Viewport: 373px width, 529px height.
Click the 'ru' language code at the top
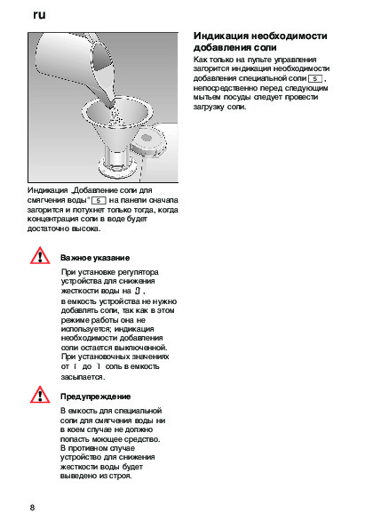tap(39, 15)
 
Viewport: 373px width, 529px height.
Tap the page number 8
tap(32, 508)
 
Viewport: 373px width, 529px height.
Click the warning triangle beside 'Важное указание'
tap(40, 256)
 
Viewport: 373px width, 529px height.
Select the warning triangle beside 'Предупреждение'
tap(40, 395)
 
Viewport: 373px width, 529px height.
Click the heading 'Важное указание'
tap(95, 258)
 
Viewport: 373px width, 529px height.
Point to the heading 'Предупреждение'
tap(95, 397)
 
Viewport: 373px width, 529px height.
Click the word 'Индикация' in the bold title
tap(221, 36)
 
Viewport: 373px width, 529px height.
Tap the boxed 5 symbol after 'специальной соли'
tap(315, 78)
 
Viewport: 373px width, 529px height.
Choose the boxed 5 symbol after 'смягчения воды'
tap(99, 200)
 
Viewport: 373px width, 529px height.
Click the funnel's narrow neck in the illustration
tap(116, 156)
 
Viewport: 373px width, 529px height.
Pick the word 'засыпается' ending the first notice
tap(83, 377)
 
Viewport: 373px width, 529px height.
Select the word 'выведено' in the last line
tap(75, 476)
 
